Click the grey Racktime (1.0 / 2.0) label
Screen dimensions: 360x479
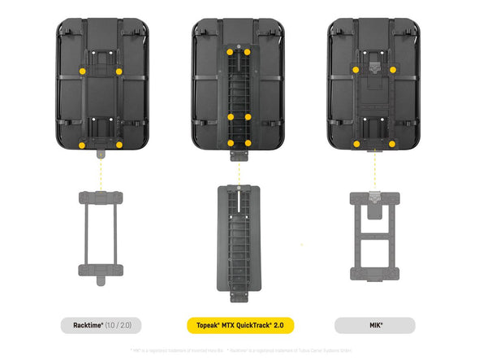click(101, 325)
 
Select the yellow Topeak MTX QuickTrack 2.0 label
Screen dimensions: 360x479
click(239, 325)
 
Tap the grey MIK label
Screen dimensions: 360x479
click(376, 325)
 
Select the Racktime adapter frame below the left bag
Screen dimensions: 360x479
click(101, 236)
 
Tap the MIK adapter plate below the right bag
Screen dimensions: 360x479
click(375, 236)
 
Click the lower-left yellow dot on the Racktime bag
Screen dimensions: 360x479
click(83, 144)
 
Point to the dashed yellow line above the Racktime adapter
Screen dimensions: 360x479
click(101, 171)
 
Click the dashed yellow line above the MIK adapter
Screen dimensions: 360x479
click(375, 171)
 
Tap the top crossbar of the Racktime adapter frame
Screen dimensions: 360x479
click(101, 197)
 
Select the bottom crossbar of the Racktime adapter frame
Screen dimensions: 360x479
click(101, 270)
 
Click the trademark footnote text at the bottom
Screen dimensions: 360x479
click(239, 349)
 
